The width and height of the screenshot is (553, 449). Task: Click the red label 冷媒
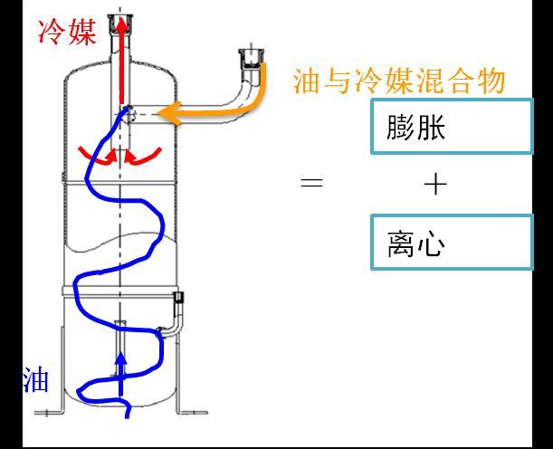point(67,33)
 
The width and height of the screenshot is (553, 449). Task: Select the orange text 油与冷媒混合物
point(399,81)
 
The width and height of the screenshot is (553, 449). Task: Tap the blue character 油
point(36,379)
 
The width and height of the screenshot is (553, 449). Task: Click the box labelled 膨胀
point(452,127)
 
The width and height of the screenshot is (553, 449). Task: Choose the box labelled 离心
point(452,242)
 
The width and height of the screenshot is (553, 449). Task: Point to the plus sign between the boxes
point(435,184)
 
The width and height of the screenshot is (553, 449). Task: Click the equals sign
point(311,183)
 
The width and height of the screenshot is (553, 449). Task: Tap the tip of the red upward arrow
point(121,17)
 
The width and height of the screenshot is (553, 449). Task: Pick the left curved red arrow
point(99,157)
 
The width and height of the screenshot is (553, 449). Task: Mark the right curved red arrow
point(143,157)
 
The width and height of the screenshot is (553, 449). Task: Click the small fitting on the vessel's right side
point(179,297)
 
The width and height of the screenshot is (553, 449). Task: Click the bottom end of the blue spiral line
point(128,417)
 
